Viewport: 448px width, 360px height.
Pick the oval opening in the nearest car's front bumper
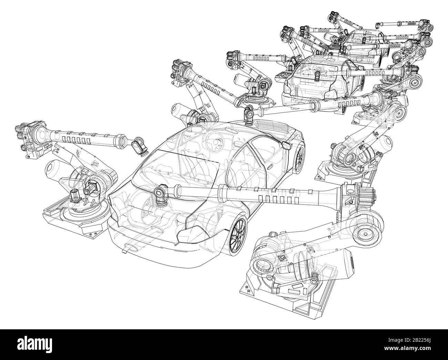click(x=131, y=247)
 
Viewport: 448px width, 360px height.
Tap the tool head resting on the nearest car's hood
click(x=161, y=193)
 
